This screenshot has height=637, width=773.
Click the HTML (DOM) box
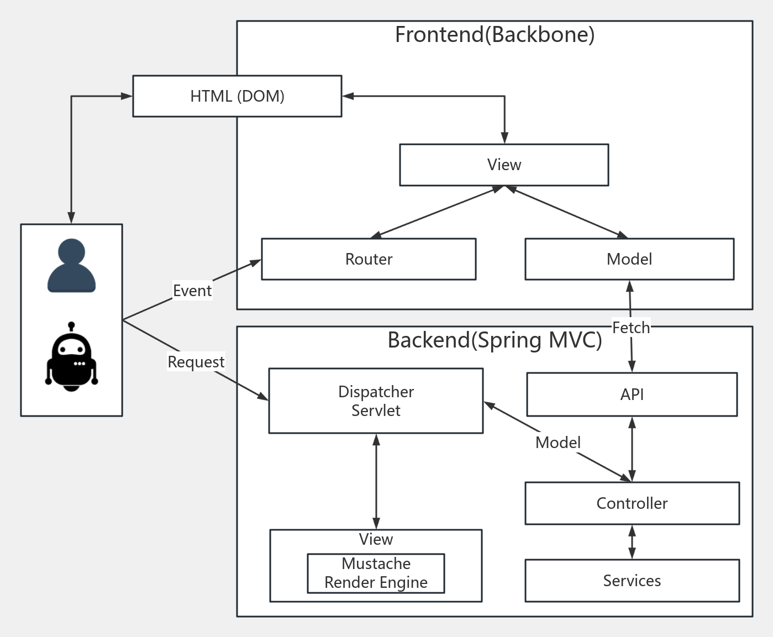(x=237, y=96)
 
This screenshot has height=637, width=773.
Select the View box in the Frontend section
(x=504, y=165)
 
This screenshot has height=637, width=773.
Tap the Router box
(x=369, y=259)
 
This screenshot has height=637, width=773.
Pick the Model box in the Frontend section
(x=629, y=259)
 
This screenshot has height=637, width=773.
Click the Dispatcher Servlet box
(x=376, y=401)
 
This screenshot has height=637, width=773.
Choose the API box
(x=632, y=394)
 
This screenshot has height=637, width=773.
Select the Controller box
(x=632, y=503)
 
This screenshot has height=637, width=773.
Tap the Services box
(x=632, y=581)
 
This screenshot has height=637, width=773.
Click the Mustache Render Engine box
(x=376, y=573)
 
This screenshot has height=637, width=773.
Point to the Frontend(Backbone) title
(x=495, y=35)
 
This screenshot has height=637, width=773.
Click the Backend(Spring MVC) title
(x=495, y=340)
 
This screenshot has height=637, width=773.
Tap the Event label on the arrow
(x=192, y=291)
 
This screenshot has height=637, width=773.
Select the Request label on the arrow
(x=196, y=362)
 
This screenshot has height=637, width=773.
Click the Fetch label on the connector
(x=631, y=328)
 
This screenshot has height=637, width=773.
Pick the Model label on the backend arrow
(x=558, y=443)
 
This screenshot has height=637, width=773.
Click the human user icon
(x=71, y=266)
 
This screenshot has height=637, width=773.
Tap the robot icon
(x=71, y=357)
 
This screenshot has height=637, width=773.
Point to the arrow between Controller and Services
(x=632, y=542)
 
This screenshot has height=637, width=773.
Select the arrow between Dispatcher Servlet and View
(x=376, y=481)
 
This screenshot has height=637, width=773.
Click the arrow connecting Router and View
(x=437, y=212)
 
